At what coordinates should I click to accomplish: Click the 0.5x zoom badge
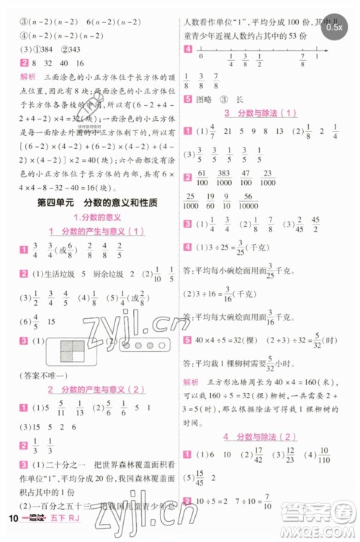tap(333, 27)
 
